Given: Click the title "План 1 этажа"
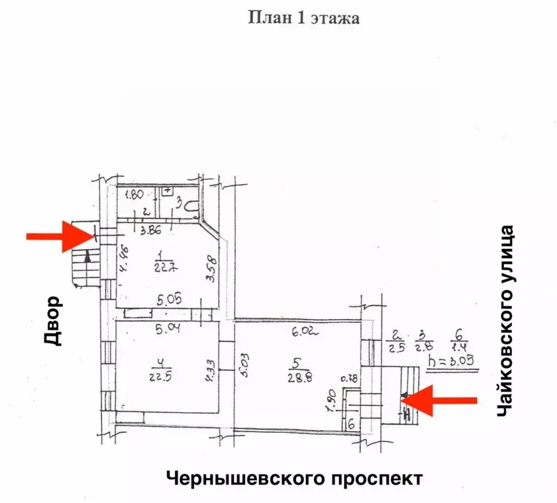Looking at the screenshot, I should coord(303,18).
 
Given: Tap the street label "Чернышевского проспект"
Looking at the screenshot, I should coord(294,477).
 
